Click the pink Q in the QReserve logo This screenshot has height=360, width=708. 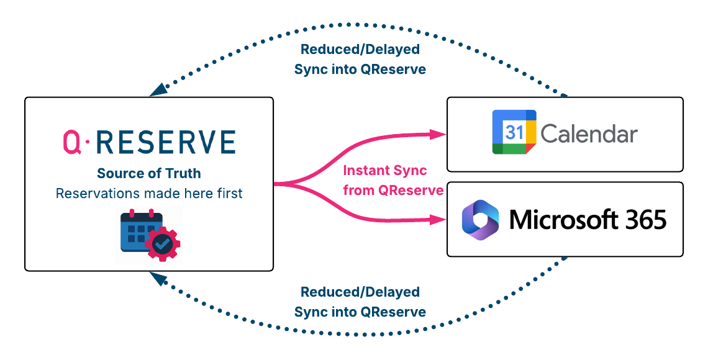coord(72,142)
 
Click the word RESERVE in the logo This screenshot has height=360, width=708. coord(167,142)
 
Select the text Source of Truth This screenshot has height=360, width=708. coord(149,174)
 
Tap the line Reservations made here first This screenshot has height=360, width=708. coord(149,194)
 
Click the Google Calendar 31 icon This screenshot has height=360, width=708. coord(514,132)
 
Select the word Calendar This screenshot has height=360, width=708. coord(589,133)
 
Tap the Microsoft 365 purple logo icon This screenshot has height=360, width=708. coord(481,219)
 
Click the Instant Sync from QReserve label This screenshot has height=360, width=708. coord(393,180)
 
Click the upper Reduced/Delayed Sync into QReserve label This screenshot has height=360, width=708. coord(360,60)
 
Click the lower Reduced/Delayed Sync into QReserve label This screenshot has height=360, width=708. coord(360,302)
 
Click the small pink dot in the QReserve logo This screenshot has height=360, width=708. coord(88,143)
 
